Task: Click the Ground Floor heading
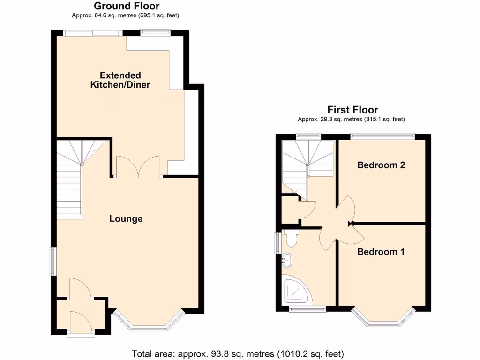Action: [x=127, y=6]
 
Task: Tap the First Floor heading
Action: [x=352, y=110]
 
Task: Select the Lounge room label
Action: [x=126, y=219]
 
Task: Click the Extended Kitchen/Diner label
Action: [x=120, y=80]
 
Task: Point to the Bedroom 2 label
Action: [x=381, y=165]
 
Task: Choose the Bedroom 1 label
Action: [x=381, y=252]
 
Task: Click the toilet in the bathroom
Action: [x=291, y=238]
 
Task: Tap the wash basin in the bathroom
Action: [x=287, y=259]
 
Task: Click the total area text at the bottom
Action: [x=238, y=353]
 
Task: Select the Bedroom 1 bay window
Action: [x=383, y=319]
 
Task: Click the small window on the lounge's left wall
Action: [x=53, y=261]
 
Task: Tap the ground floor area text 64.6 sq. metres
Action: [x=126, y=15]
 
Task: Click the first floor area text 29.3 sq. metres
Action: [x=351, y=119]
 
